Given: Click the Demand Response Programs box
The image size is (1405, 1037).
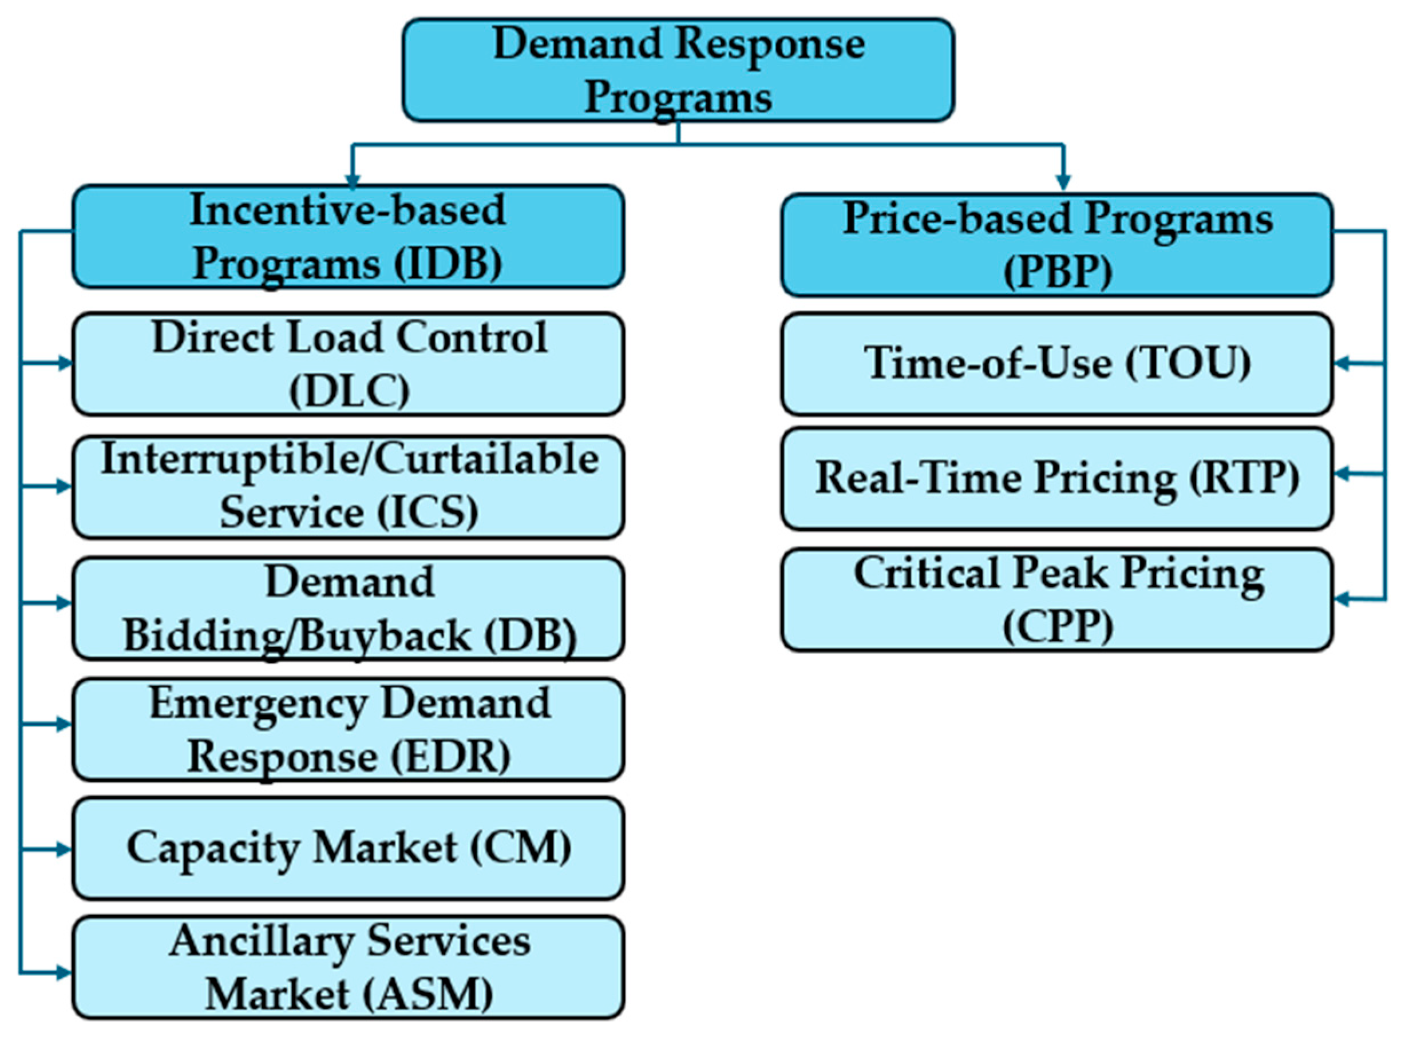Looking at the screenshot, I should (678, 70).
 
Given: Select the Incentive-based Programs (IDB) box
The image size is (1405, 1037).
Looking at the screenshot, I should (348, 237).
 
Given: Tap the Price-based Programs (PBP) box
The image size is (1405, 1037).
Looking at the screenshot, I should (1057, 245).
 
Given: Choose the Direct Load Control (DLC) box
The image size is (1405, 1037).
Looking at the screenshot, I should (348, 364).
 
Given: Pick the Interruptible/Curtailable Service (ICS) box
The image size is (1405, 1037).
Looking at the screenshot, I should (348, 487).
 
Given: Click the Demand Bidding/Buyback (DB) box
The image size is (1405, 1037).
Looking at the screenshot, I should (348, 608).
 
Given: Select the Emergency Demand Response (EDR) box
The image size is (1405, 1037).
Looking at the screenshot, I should (348, 729).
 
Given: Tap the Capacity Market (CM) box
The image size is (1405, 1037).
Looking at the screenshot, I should (348, 849).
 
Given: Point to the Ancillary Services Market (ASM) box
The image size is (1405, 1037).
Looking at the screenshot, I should (348, 968).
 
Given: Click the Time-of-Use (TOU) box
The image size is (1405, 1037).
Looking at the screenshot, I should (1057, 364).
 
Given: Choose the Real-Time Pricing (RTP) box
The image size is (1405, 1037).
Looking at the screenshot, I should (1057, 479).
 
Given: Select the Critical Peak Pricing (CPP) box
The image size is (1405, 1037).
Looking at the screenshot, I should (1057, 600).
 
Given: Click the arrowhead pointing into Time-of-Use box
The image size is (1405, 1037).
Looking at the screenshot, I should (1341, 363).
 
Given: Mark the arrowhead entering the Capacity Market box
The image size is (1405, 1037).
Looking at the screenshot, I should (64, 849).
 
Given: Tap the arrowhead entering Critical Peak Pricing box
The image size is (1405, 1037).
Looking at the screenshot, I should (1341, 599).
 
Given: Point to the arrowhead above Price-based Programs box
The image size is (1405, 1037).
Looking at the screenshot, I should (1063, 181).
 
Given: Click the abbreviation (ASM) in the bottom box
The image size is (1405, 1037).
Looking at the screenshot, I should (430, 995).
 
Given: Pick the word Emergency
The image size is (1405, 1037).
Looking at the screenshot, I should (258, 704).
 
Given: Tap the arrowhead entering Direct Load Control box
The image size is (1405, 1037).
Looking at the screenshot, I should (64, 363).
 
